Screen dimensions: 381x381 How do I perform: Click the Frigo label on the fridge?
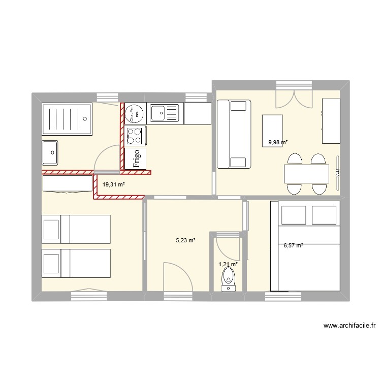pos(136,158)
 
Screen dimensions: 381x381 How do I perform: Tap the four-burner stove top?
pos(136,136)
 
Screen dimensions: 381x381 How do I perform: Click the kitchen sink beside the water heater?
pos(165,113)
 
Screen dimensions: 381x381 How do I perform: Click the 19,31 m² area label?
pos(114,185)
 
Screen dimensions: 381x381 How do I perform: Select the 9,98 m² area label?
pos(278,143)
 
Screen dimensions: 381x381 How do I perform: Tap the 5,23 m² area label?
pos(185,241)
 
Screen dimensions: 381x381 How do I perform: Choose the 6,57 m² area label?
pos(293,245)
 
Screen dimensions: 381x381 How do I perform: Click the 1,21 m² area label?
pos(228,264)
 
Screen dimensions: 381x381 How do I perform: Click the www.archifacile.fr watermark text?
pos(348,326)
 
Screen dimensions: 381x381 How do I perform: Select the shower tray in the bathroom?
pos(67,119)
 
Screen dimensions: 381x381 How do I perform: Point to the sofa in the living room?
pos(234,134)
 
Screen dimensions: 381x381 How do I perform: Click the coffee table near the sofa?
pos(272,130)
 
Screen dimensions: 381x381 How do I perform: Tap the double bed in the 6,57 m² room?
pos(309,246)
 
